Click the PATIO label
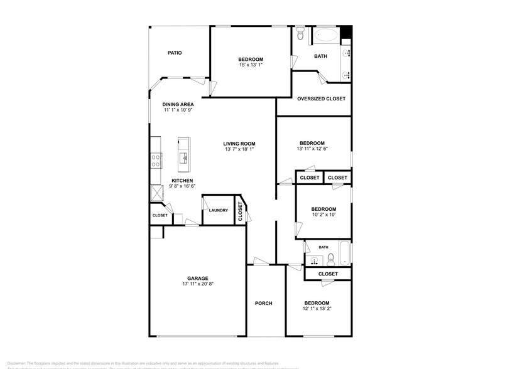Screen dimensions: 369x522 point(175,53)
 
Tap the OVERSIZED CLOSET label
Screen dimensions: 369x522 point(321,99)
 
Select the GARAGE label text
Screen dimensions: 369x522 point(197,278)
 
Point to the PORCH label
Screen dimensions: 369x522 point(263,304)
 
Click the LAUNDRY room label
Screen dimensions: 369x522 point(219,210)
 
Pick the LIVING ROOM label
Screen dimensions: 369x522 point(239,144)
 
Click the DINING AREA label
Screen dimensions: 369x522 point(178,104)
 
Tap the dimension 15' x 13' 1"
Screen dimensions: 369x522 point(251,65)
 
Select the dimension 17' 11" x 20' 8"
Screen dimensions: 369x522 point(197,284)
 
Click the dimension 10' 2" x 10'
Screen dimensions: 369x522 point(324,215)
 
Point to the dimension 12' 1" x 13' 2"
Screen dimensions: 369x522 point(317,309)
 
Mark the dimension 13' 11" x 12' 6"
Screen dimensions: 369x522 point(312,149)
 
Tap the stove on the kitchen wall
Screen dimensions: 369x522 point(155,161)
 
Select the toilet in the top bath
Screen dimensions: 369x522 point(300,34)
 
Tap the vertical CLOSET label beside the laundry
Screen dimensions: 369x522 point(241,211)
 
